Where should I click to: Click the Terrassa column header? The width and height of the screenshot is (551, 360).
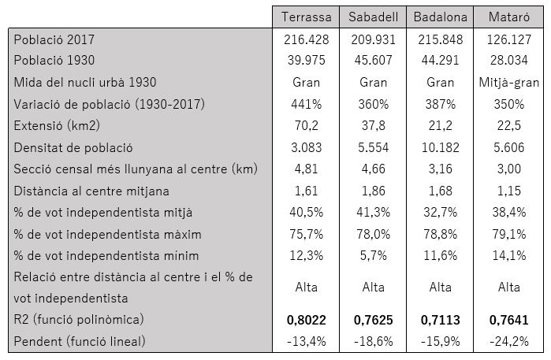pos(307,17)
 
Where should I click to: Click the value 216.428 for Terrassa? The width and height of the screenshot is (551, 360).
pos(307,39)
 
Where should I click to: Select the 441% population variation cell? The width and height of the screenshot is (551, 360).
pos(307,104)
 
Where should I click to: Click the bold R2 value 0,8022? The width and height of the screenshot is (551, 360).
pos(307,321)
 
